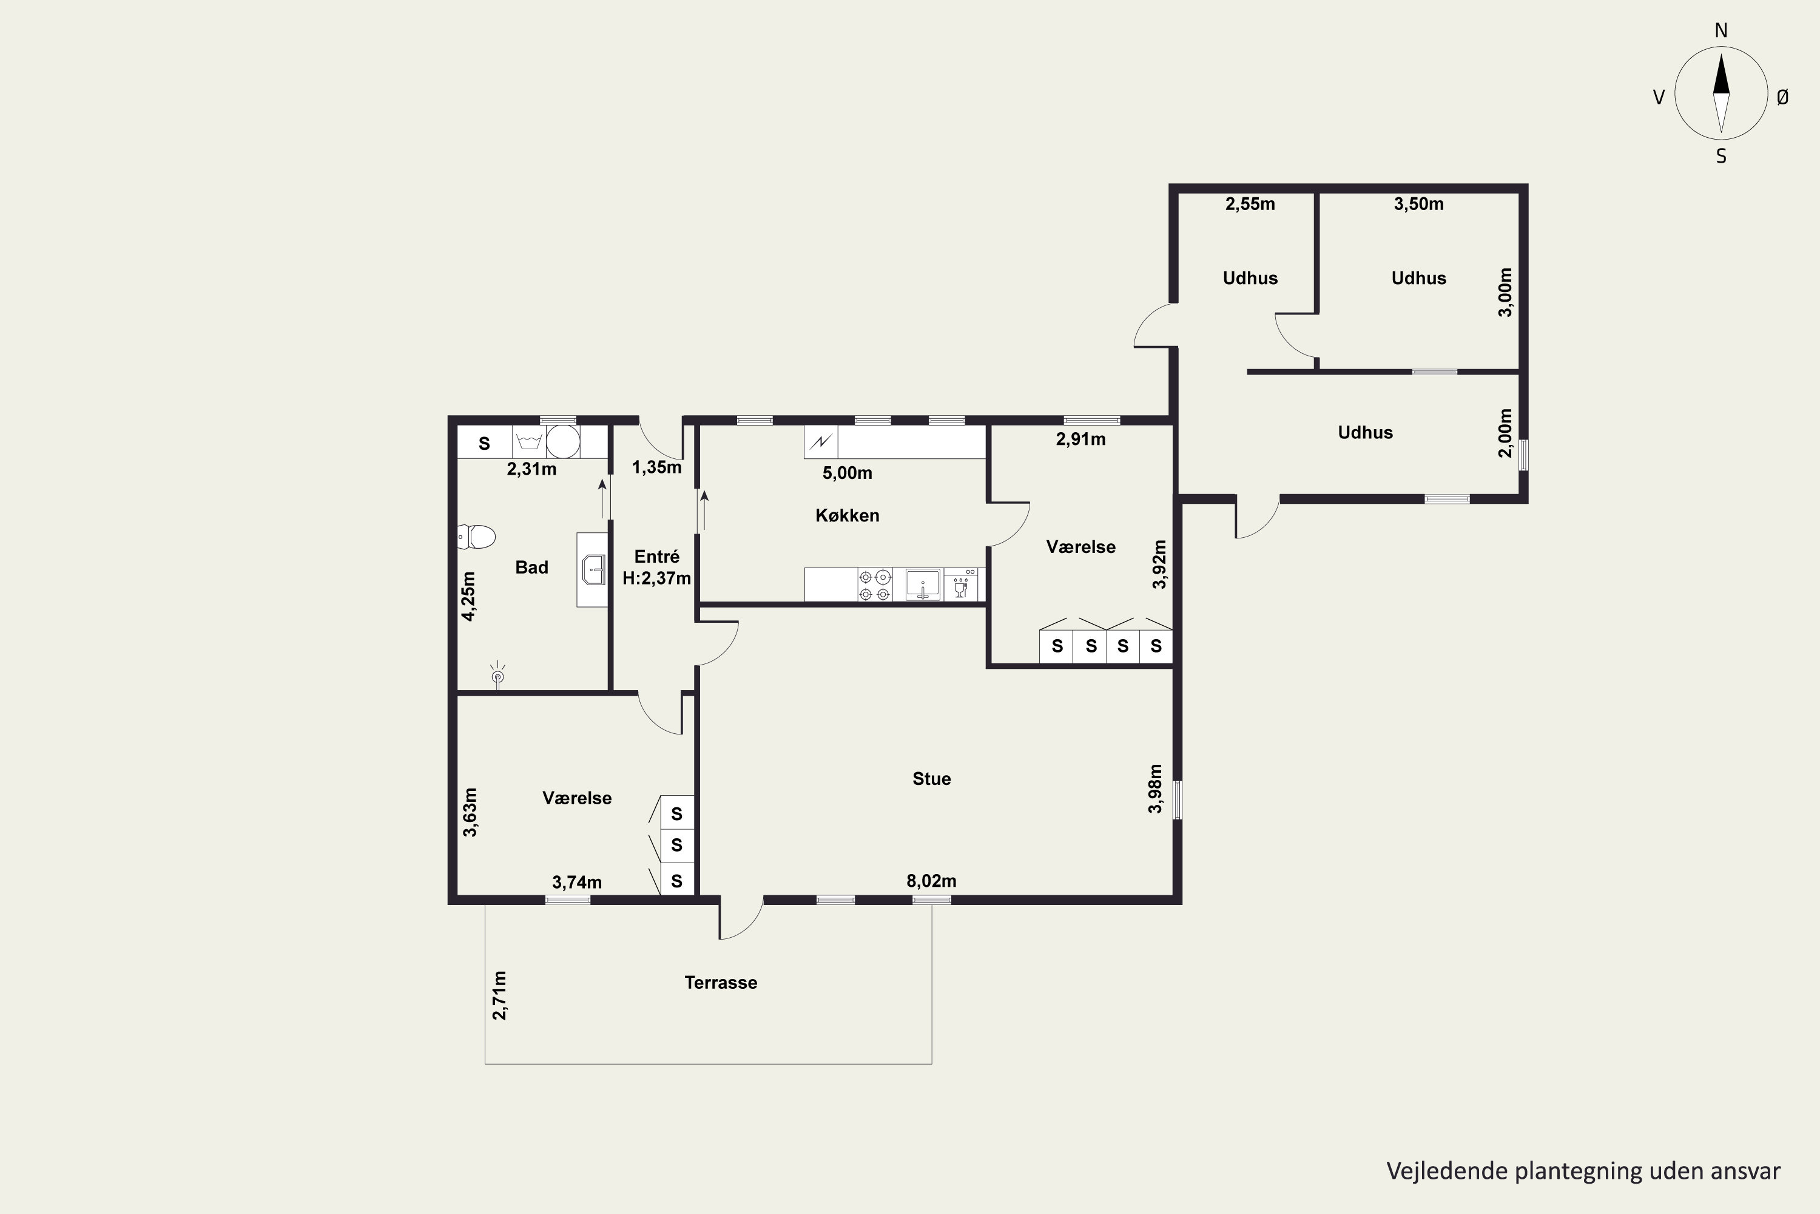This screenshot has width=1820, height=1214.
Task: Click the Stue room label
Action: pyautogui.click(x=932, y=779)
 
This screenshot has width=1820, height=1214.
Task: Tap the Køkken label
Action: pyautogui.click(x=848, y=515)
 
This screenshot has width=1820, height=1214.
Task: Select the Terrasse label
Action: pyautogui.click(x=721, y=983)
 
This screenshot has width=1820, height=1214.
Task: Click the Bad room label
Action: pyautogui.click(x=531, y=568)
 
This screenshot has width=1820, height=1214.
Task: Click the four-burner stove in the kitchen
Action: pyautogui.click(x=874, y=585)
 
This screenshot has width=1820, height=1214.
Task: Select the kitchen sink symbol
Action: pyautogui.click(x=922, y=585)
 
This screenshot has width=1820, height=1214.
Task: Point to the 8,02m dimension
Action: pyautogui.click(x=932, y=881)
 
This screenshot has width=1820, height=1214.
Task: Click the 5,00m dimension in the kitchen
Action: pyautogui.click(x=848, y=473)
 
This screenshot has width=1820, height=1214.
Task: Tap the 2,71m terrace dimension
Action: pyautogui.click(x=500, y=995)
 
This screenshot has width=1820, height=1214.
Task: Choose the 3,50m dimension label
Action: pyautogui.click(x=1418, y=205)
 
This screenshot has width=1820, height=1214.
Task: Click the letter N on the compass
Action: pyautogui.click(x=1721, y=31)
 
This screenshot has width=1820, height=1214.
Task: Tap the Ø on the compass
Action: pyautogui.click(x=1783, y=97)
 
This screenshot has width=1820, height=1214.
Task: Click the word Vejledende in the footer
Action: pyautogui.click(x=1447, y=1172)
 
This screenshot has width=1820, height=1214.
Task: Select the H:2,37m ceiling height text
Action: pyautogui.click(x=656, y=578)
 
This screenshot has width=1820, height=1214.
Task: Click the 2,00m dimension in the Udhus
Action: pyautogui.click(x=1505, y=433)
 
